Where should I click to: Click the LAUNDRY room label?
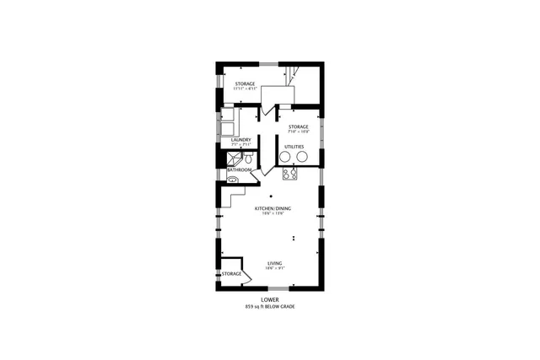coord(240,140)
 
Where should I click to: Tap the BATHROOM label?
coord(239,170)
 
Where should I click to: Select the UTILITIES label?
coord(294,147)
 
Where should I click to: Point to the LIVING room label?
coord(275,263)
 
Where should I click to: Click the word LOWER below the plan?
coord(270,299)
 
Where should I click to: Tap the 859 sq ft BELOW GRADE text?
coord(270,306)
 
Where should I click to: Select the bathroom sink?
coord(231,179)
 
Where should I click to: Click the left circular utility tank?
coord(285,156)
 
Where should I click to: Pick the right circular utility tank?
coord(303,156)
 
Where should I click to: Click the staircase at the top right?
coord(292,77)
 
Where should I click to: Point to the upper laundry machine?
coord(228,114)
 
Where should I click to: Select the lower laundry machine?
coord(228,127)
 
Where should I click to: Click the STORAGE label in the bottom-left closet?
coord(232,274)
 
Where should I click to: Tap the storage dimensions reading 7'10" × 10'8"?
coord(300,132)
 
